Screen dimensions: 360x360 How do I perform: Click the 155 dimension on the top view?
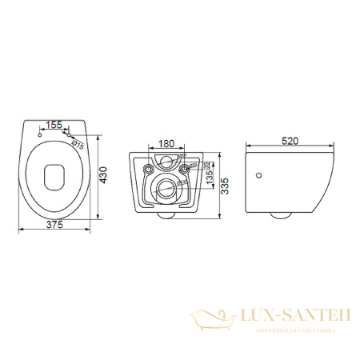pos(54,126)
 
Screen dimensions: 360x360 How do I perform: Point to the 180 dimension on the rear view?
pos(166,145)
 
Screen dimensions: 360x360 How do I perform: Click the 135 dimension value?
pos(210,175)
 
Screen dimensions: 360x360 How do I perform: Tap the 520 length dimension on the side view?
pos(289,142)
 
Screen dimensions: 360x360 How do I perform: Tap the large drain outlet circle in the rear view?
pos(166,190)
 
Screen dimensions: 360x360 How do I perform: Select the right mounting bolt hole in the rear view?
pos(186,170)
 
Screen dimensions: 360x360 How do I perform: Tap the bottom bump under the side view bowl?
pos(281,214)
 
